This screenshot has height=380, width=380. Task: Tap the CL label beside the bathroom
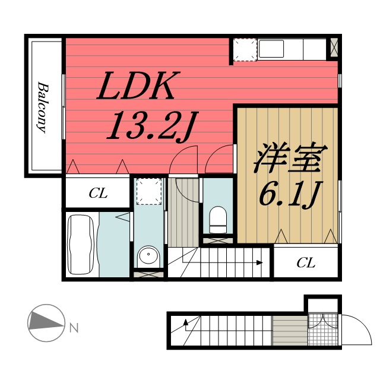click(x=98, y=194)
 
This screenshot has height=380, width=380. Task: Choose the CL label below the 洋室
click(x=306, y=262)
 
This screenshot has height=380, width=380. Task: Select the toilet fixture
click(x=218, y=220)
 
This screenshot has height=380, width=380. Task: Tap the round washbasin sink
click(x=147, y=256)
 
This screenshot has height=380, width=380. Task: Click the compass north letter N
click(x=73, y=327)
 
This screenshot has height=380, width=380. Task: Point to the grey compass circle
click(x=45, y=322)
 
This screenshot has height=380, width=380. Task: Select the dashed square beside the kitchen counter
click(x=243, y=49)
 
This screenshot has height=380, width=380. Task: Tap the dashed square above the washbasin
click(x=147, y=191)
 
